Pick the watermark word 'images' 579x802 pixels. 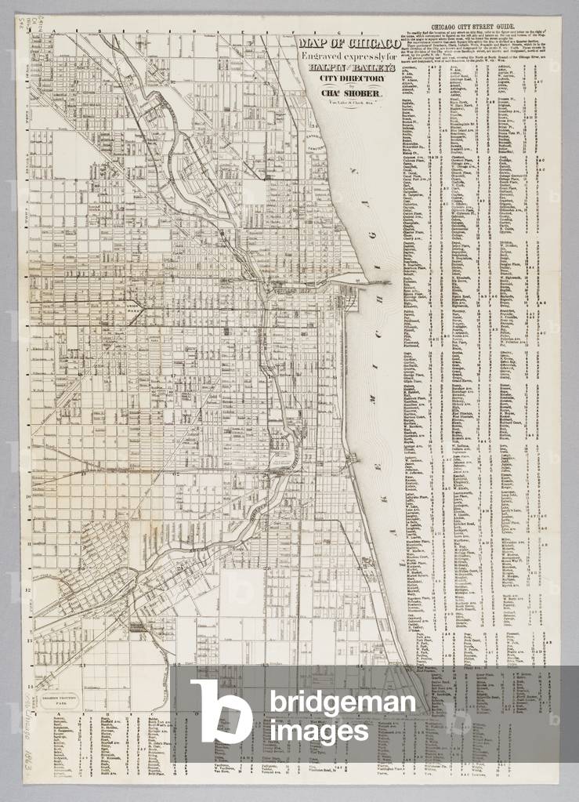click(318, 732)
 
